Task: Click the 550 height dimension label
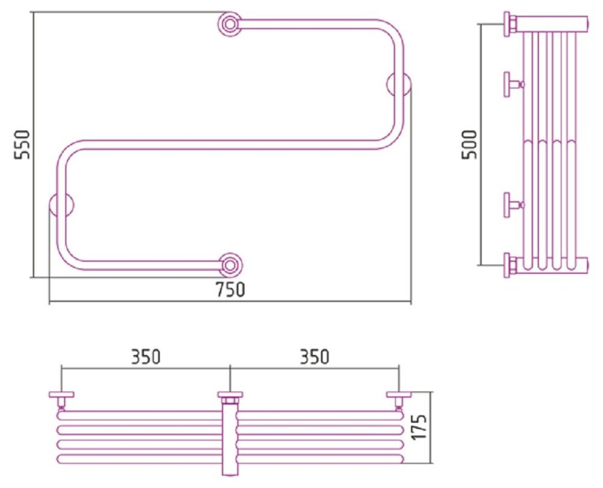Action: tap(22, 145)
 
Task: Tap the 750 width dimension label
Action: tap(230, 290)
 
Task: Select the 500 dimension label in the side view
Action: tap(469, 145)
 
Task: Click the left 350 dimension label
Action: tap(146, 357)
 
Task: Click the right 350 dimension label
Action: tap(315, 357)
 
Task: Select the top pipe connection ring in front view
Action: tap(230, 24)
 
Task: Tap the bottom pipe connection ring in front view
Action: tap(230, 265)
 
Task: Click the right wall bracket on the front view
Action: tap(399, 84)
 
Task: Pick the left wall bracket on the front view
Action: tap(61, 205)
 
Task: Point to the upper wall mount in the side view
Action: tap(513, 84)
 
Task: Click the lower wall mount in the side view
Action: tap(513, 205)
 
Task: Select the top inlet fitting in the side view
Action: tap(511, 24)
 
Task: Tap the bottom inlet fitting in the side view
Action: tap(511, 265)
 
